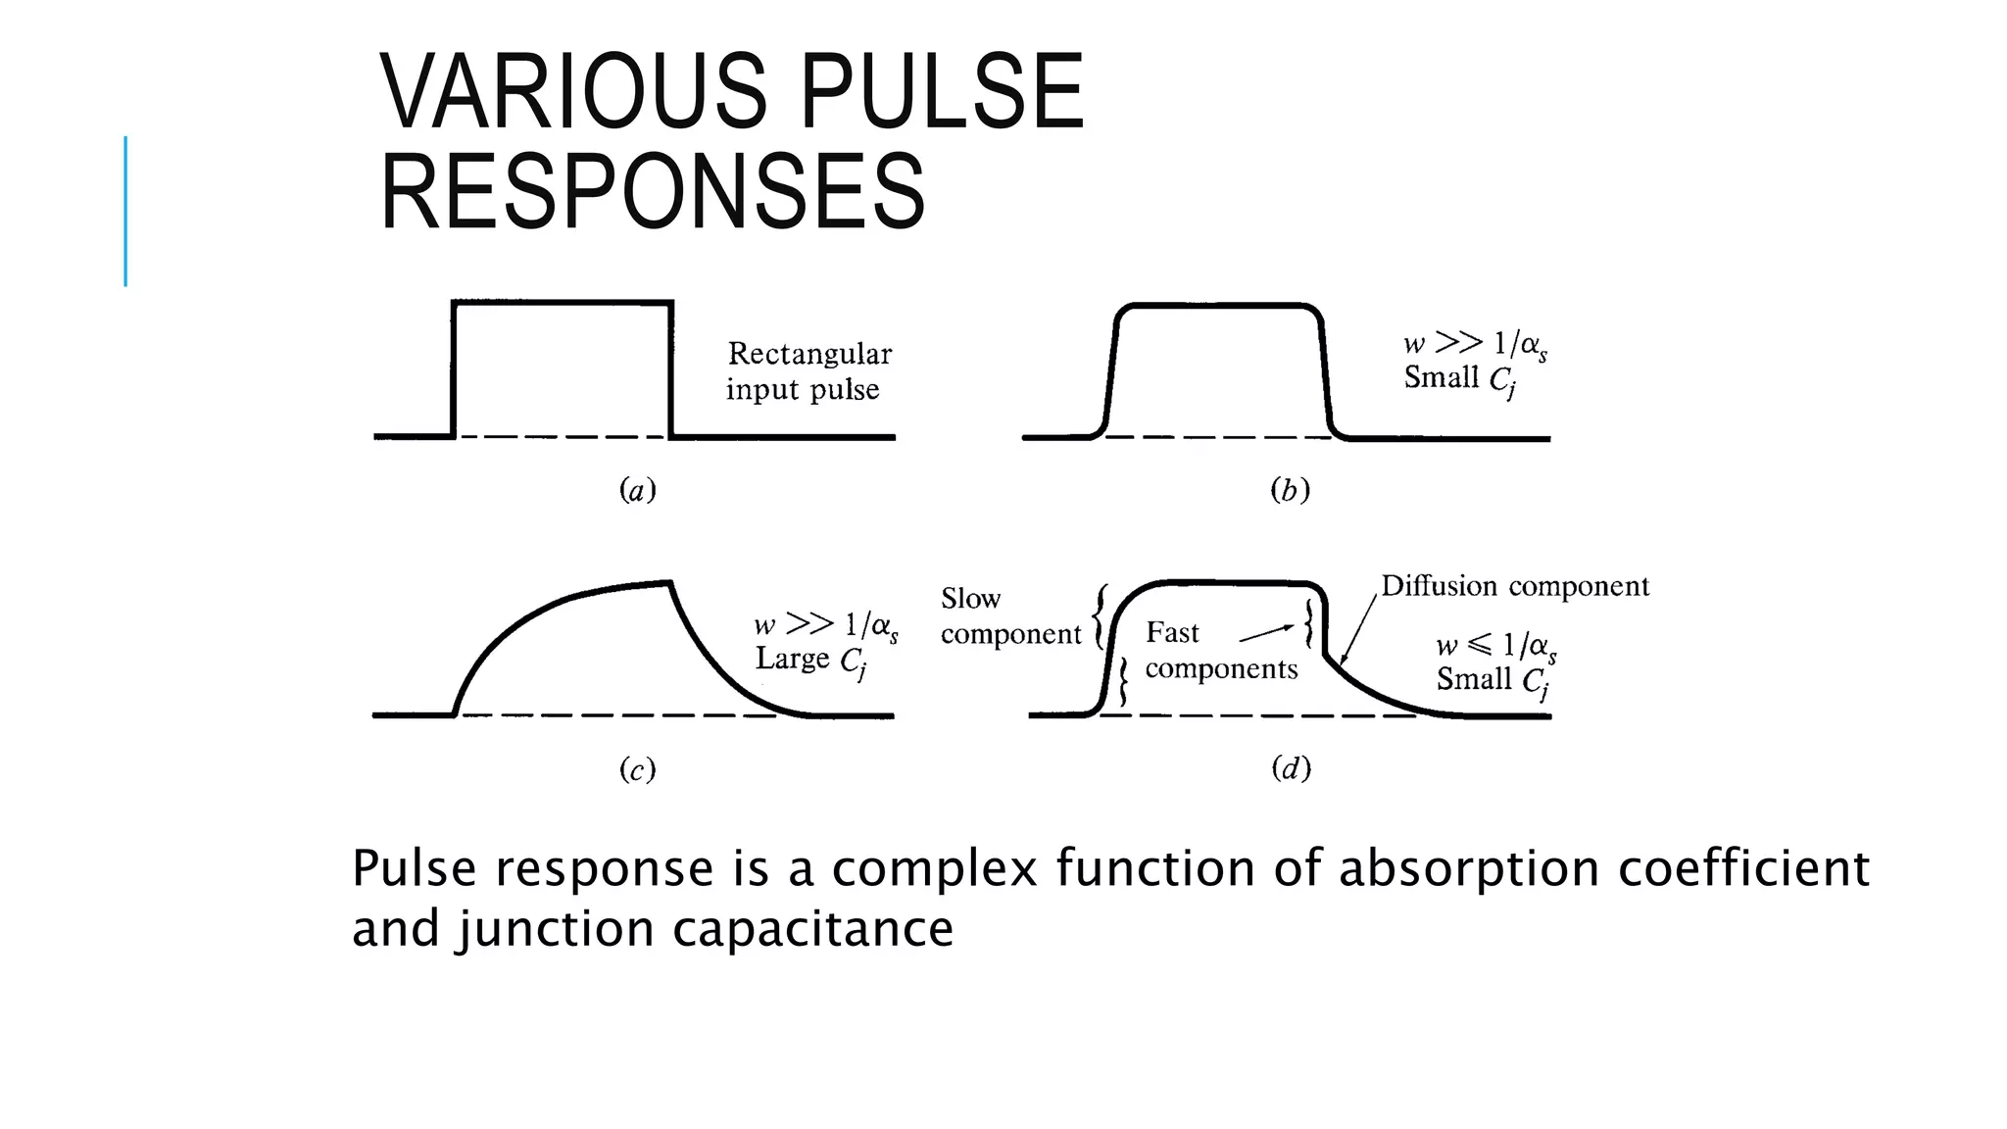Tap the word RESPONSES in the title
pos(653,192)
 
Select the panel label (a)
pos(637,490)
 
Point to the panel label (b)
pos(1290,490)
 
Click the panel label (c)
pos(637,770)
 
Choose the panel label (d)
pos(1291,768)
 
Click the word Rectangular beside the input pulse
pos(809,354)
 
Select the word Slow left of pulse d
pos(970,599)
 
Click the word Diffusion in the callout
pos(1440,586)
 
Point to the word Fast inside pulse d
pos(1172,633)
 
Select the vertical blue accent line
pos(125,211)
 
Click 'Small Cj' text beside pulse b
pos(1459,379)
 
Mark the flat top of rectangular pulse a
pos(562,303)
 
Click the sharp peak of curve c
pos(669,583)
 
